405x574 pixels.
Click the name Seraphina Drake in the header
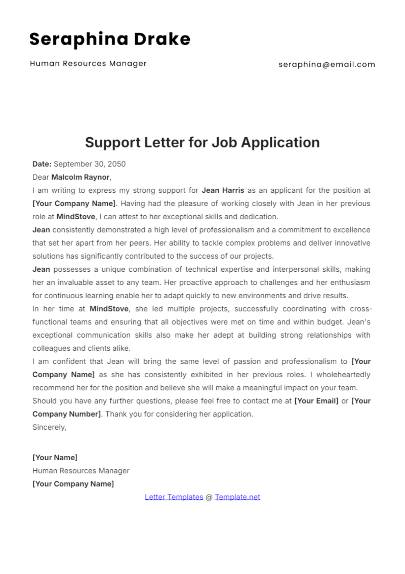point(110,39)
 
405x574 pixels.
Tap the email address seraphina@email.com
point(327,64)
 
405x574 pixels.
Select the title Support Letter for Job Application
point(202,142)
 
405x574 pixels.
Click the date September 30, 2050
point(89,164)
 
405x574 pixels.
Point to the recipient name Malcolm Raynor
point(80,177)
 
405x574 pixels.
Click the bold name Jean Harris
point(223,190)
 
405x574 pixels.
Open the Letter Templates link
point(174,497)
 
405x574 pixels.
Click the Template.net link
point(237,497)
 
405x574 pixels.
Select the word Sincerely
point(49,427)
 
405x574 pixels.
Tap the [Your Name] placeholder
point(55,458)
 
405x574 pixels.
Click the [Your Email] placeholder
point(316,401)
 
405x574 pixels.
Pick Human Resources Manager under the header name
point(88,63)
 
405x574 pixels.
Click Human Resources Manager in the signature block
point(81,471)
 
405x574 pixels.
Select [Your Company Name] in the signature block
point(73,484)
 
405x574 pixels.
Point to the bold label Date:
point(42,164)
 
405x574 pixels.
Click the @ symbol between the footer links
point(209,497)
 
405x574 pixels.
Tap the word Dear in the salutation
point(40,177)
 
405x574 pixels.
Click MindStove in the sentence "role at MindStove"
point(76,217)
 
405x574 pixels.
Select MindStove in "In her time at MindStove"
point(109,309)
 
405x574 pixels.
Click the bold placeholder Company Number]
point(66,414)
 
